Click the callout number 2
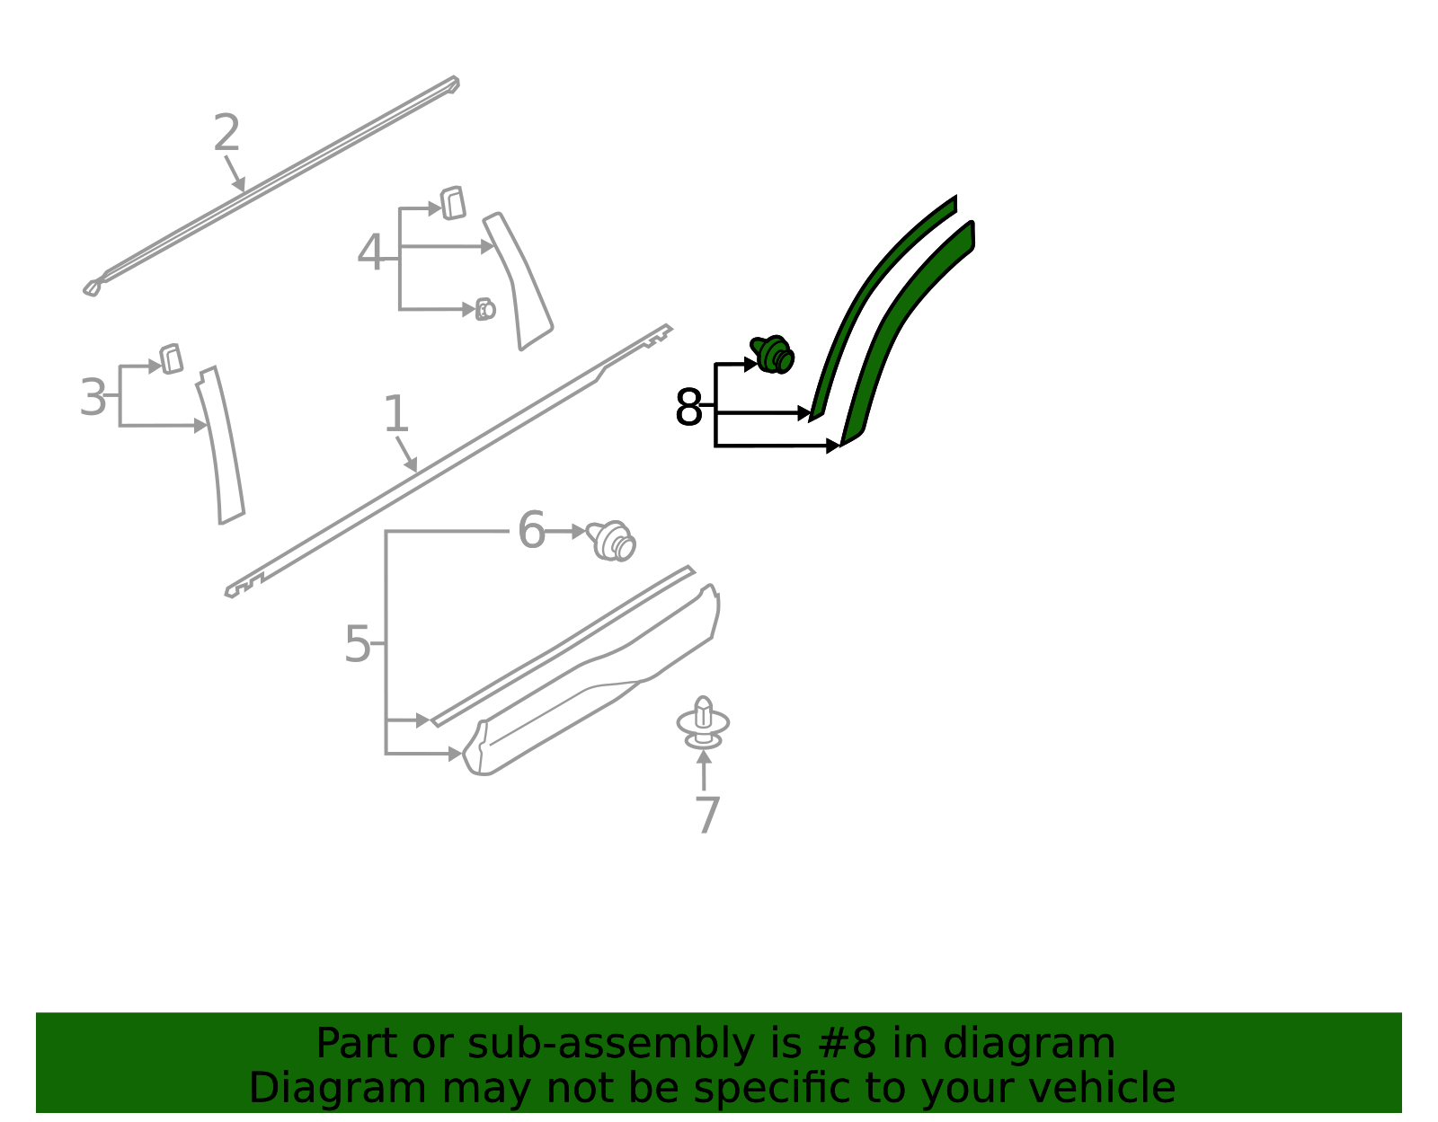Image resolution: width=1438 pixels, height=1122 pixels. [226, 132]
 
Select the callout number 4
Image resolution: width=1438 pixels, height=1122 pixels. [370, 252]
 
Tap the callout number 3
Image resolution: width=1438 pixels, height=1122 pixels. [93, 397]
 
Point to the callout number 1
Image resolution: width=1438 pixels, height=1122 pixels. [395, 414]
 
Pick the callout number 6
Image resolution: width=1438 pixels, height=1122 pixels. [531, 530]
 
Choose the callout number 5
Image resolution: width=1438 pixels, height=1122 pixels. [358, 644]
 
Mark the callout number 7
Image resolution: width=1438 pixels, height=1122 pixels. [707, 815]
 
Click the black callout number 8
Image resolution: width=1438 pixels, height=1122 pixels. [688, 407]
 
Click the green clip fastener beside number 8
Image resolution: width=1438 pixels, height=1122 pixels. [772, 354]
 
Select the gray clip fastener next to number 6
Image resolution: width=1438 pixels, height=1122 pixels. [612, 541]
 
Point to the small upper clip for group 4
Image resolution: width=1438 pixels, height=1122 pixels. [453, 203]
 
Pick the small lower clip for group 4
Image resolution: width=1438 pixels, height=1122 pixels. [485, 309]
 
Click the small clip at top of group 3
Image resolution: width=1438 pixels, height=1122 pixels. [171, 359]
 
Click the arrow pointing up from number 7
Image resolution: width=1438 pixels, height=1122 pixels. [704, 770]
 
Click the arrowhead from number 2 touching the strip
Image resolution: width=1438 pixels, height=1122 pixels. [240, 184]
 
